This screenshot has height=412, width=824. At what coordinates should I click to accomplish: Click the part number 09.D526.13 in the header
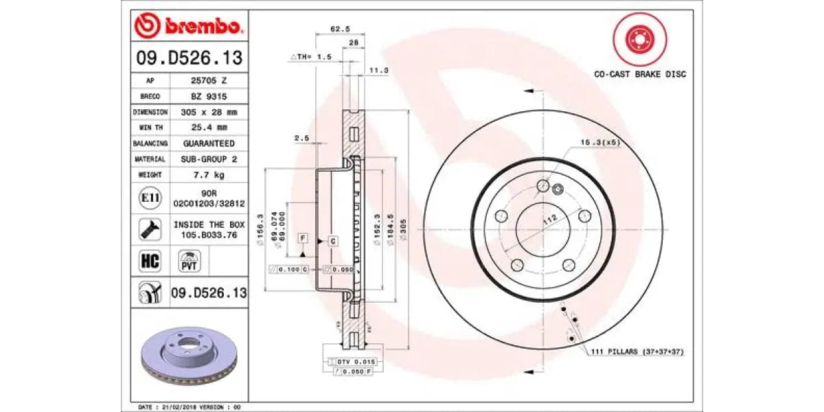click(x=189, y=59)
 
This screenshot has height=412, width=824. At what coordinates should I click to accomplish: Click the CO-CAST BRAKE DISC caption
click(x=640, y=74)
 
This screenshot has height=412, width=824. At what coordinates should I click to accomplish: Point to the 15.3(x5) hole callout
click(x=600, y=143)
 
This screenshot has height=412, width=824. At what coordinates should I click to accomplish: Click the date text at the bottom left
click(x=190, y=407)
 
